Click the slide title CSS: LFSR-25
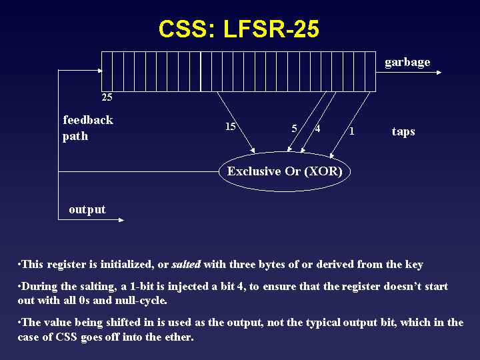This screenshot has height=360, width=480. click(239, 29)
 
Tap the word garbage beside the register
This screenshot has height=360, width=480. click(407, 63)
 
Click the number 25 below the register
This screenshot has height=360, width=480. click(107, 97)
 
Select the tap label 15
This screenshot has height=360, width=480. click(230, 127)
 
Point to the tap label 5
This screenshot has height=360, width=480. click(294, 129)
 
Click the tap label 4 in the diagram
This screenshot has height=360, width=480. click(317, 129)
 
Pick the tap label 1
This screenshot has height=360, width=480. click(351, 132)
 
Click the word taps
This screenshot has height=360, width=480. click(403, 131)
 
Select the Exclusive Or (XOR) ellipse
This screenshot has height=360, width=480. click(285, 171)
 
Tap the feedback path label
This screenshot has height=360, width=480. click(87, 128)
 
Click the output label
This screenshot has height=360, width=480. click(87, 210)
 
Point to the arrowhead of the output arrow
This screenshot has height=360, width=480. click(121, 221)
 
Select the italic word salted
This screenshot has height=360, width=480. click(187, 265)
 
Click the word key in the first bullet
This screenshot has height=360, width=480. click(413, 265)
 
